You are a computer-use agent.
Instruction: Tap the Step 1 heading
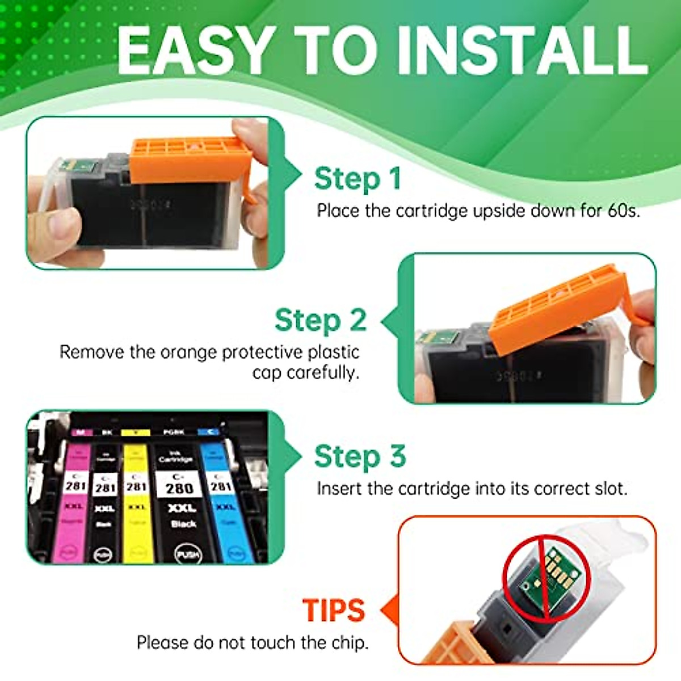coord(358,179)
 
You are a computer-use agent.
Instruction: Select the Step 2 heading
coord(321,321)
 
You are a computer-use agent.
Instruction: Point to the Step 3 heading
coord(360,457)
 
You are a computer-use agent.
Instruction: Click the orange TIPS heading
coord(334,611)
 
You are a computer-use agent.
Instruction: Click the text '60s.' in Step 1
coord(624,211)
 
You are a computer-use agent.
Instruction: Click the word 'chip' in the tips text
coord(348,643)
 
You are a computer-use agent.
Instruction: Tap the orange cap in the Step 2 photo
coord(556,309)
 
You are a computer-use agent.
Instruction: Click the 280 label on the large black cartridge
coord(179,487)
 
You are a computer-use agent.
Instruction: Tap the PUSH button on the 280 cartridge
coord(187,553)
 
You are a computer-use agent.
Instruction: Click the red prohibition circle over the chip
coord(547,579)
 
